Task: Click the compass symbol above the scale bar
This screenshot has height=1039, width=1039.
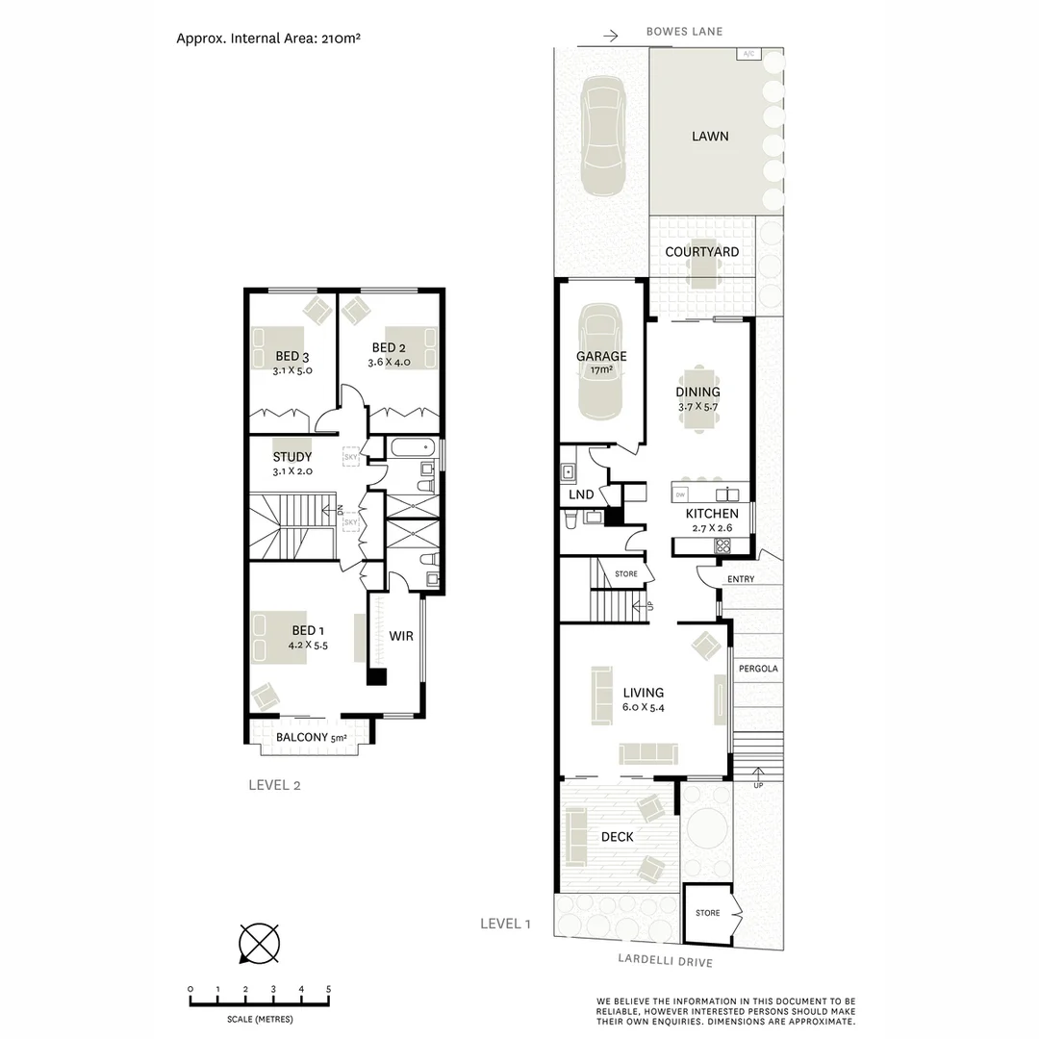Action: click(259, 943)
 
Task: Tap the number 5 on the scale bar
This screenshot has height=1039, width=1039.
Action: click(329, 989)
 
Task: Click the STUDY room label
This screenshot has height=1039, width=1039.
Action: click(292, 457)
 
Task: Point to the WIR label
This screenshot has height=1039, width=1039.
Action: click(401, 636)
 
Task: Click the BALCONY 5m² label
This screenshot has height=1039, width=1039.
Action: click(311, 738)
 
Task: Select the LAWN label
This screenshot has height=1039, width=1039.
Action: click(710, 137)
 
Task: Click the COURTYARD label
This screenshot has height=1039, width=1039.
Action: click(702, 252)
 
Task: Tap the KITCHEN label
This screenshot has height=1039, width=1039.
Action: click(712, 514)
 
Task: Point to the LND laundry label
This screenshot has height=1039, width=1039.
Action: click(582, 494)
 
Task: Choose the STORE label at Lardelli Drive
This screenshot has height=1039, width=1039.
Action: click(708, 913)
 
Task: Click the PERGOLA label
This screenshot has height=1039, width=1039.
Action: click(758, 669)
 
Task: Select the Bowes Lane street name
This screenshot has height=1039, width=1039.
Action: click(684, 32)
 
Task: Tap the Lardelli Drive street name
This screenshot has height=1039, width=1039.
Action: click(665, 961)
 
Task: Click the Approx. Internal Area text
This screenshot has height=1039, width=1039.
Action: click(268, 38)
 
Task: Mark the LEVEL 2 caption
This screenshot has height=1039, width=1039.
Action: click(275, 784)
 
